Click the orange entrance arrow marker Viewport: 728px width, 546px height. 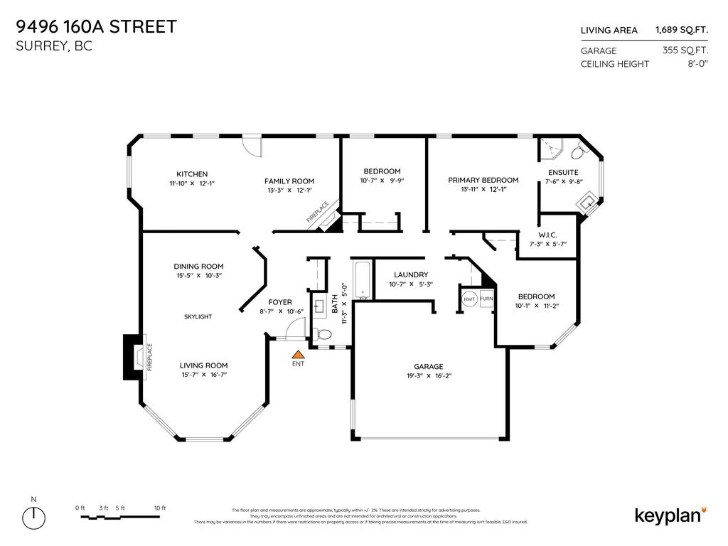[x=299, y=353]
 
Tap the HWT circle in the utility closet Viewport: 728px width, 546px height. [x=469, y=299]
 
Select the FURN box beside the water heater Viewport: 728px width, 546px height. [x=487, y=299]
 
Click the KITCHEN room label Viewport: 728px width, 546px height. [x=192, y=174]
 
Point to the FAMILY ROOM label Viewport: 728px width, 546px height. [x=289, y=181]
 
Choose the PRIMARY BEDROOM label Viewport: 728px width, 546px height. [x=483, y=181]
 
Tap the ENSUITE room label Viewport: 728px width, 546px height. [x=563, y=172]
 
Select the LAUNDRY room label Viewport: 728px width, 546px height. [x=411, y=275]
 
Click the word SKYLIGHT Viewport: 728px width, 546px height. [x=198, y=316]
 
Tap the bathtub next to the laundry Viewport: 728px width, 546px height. [x=361, y=280]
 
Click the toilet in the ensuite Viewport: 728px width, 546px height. [x=578, y=151]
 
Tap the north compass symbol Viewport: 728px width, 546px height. [x=34, y=517]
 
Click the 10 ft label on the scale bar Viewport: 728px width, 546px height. [x=159, y=508]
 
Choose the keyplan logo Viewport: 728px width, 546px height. [x=669, y=515]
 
